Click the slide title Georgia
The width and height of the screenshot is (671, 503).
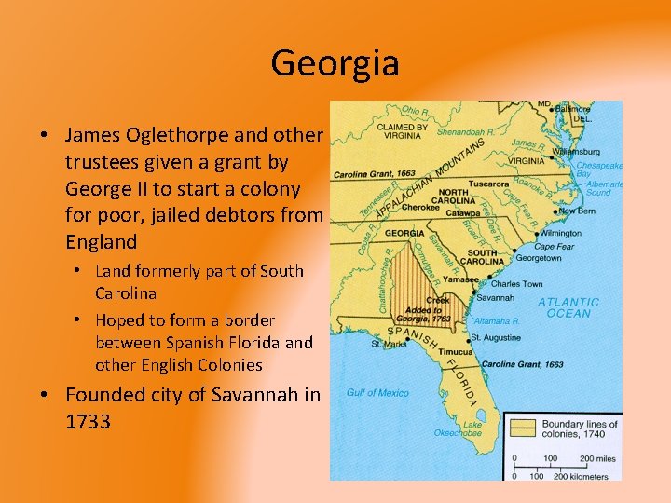335,63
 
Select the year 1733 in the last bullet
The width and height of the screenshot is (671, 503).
88,421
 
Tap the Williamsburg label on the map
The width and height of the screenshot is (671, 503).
575,151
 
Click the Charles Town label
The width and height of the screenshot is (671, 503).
516,283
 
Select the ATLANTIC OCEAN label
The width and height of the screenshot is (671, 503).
568,307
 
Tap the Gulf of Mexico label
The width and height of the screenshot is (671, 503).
377,393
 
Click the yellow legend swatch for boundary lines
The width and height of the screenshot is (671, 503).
522,428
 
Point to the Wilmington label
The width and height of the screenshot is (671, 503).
559,232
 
